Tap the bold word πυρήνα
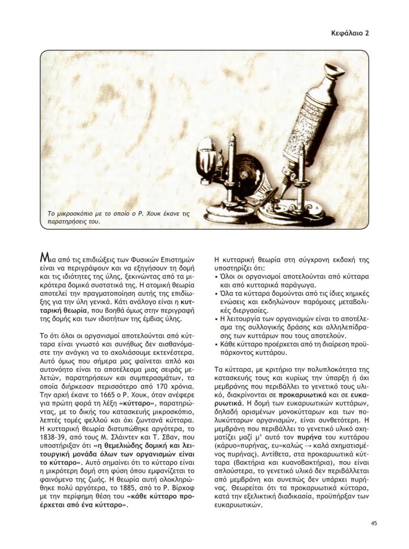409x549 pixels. [306, 438]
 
